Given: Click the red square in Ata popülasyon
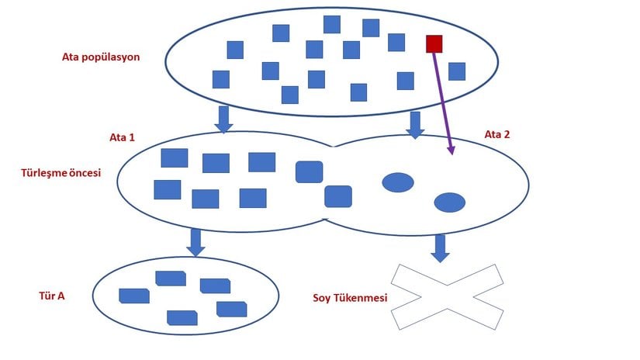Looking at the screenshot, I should pyautogui.click(x=434, y=43).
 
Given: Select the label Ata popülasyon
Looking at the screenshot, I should pyautogui.click(x=101, y=57).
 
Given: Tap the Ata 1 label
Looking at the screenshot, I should pyautogui.click(x=122, y=137).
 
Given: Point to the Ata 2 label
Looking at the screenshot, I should pyautogui.click(x=497, y=134).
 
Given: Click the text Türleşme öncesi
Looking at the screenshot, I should pyautogui.click(x=61, y=173).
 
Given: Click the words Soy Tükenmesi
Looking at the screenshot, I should pyautogui.click(x=350, y=297).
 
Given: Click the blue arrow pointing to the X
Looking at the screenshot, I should pyautogui.click(x=440, y=248).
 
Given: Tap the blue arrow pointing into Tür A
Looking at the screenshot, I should pyautogui.click(x=195, y=242).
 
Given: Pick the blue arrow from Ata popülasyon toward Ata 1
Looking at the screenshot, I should pyautogui.click(x=223, y=119).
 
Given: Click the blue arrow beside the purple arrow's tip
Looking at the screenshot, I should pyautogui.click(x=415, y=125).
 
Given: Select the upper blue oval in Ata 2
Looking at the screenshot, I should pyautogui.click(x=397, y=182).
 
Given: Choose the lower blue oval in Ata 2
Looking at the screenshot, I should pyautogui.click(x=449, y=202).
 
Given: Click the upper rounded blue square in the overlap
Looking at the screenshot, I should pyautogui.click(x=309, y=171).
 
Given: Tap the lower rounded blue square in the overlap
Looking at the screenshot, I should pyautogui.click(x=337, y=196).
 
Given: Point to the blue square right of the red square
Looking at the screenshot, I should pyautogui.click(x=457, y=71).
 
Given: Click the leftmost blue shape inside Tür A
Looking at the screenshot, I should pyautogui.click(x=133, y=296).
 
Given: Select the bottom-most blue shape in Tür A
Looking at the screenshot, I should pyautogui.click(x=182, y=317).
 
